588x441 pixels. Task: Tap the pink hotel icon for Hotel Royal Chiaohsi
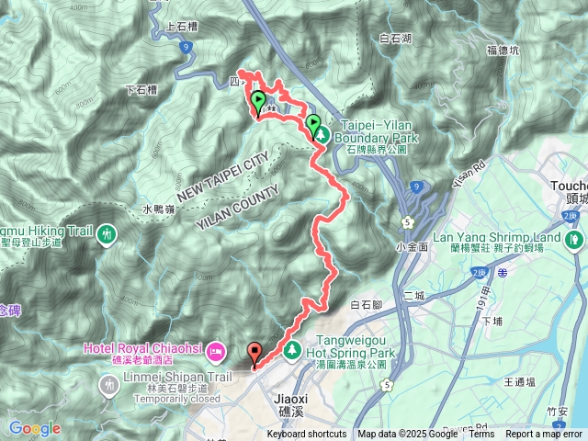216,350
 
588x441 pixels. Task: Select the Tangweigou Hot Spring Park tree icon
292,349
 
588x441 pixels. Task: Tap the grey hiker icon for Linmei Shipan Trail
112,385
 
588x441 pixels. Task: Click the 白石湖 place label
396,39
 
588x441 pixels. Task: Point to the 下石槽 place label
141,90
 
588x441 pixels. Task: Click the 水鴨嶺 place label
158,209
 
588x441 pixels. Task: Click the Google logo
34,428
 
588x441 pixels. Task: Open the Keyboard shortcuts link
307,435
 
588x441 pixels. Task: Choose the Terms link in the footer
481,435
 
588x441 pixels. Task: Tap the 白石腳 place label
366,303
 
